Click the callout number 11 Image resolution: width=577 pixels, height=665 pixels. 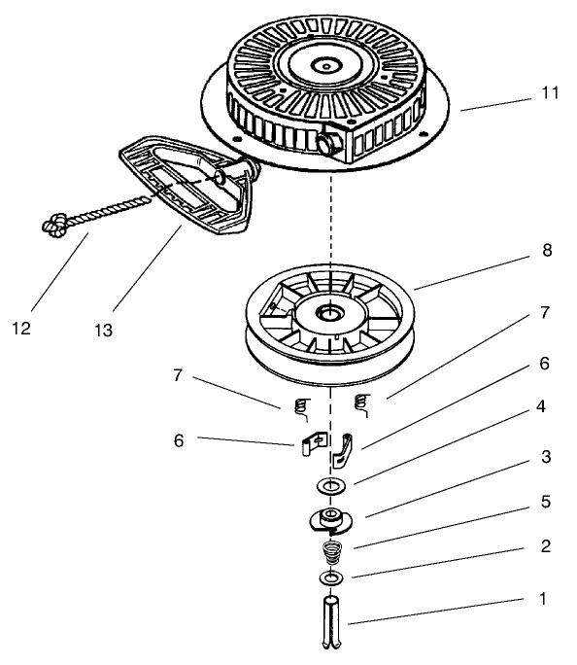click(550, 93)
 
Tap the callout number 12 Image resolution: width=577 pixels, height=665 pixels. click(21, 329)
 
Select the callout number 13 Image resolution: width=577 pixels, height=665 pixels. click(103, 331)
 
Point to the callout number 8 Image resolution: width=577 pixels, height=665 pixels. click(547, 250)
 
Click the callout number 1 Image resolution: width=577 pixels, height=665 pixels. click(543, 599)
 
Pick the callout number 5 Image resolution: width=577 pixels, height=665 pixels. click(546, 502)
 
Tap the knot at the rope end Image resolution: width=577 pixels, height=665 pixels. click(54, 224)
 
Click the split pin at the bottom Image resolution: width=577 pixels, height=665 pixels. click(331, 622)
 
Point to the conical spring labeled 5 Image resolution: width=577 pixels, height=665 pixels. click(331, 552)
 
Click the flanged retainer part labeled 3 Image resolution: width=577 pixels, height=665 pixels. click(330, 520)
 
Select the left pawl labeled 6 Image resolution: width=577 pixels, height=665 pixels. click(314, 443)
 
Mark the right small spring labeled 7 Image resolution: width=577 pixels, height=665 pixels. click(361, 405)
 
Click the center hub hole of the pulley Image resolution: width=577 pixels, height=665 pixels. click(330, 313)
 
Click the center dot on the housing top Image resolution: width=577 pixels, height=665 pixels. click(326, 66)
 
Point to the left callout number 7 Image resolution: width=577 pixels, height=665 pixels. click(179, 374)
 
